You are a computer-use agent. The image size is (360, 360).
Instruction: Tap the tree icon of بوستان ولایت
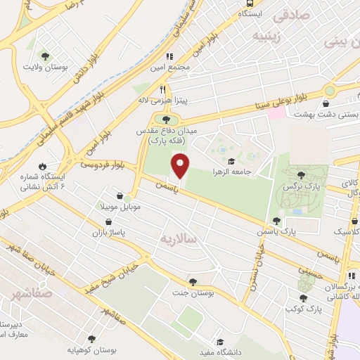tap(45, 55)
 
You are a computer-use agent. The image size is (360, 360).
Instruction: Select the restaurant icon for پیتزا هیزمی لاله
tap(163, 90)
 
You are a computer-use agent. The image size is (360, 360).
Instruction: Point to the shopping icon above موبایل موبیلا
tap(122, 196)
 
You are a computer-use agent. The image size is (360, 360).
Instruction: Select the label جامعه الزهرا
tap(233, 172)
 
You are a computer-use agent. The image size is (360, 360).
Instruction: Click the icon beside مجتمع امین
tap(169, 56)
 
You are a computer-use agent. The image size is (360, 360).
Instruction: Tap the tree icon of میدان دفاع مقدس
tap(166, 118)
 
